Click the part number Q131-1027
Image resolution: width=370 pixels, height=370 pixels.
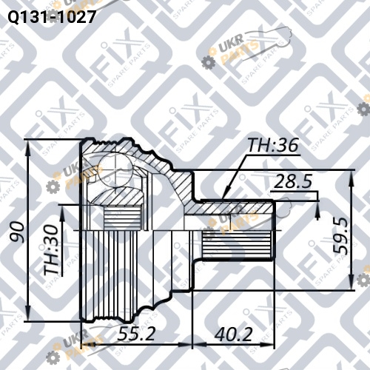click(x=51, y=17)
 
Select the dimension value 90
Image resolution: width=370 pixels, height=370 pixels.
click(x=17, y=231)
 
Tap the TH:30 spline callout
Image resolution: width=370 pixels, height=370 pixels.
click(x=52, y=249)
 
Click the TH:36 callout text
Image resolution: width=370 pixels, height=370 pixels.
click(x=273, y=145)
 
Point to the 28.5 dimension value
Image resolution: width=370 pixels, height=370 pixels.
click(x=293, y=181)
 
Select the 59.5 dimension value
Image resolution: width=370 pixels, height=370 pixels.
click(x=340, y=236)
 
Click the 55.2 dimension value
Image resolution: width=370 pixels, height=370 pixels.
click(x=136, y=334)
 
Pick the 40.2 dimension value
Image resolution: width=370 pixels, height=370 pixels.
click(x=233, y=334)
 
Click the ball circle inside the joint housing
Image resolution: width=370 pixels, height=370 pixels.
click(x=116, y=169)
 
